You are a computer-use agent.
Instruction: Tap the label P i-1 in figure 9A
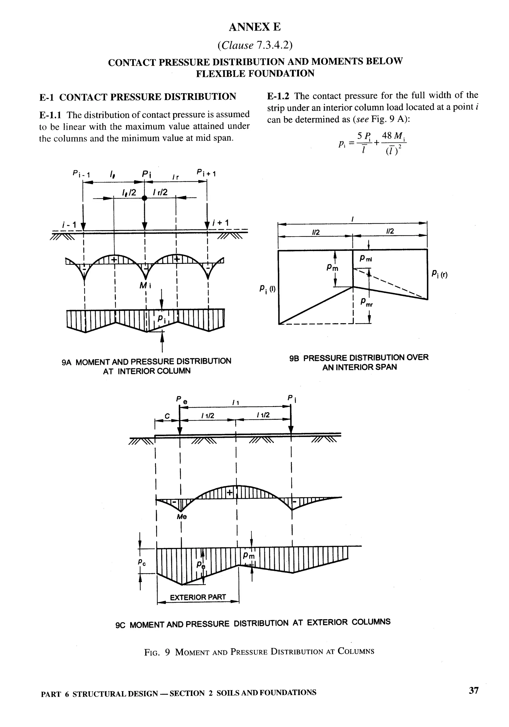[81, 174]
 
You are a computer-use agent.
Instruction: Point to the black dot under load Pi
[144, 198]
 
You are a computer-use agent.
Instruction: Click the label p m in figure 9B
[333, 268]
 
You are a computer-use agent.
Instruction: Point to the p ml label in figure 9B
[366, 259]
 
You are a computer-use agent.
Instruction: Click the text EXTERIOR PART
[198, 597]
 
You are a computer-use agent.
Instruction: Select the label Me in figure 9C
[182, 517]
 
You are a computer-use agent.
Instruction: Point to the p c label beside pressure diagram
[142, 562]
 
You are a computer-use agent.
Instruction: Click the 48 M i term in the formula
[394, 136]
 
